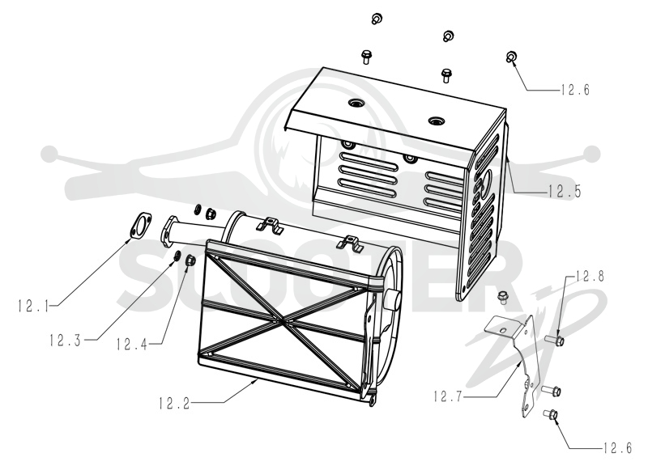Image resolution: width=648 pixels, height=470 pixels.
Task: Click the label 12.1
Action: coord(33,306)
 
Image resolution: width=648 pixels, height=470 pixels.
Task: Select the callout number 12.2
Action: coord(174,403)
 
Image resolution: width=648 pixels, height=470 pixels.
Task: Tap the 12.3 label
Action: coord(66,341)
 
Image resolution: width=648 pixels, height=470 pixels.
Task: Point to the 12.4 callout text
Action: coord(132,344)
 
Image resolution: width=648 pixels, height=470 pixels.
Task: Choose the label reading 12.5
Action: coord(565,191)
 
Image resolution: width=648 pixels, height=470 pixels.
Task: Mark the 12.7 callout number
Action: coord(449,396)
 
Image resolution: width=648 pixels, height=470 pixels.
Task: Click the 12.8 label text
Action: coord(589,276)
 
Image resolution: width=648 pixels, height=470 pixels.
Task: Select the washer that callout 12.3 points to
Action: coord(177,256)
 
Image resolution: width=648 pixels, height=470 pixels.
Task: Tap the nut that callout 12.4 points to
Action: coord(190,260)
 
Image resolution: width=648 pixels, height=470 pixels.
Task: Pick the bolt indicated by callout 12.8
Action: coord(555,341)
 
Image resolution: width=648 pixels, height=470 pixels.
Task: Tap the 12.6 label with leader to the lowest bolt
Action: coord(617,448)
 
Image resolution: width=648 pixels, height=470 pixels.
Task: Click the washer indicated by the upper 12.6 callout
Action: coord(511,57)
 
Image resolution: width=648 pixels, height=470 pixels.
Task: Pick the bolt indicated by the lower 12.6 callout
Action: coord(551,413)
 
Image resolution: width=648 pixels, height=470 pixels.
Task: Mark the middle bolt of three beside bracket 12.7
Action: coord(552,389)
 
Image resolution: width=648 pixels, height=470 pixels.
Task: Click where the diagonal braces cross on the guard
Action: coord(282,319)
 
